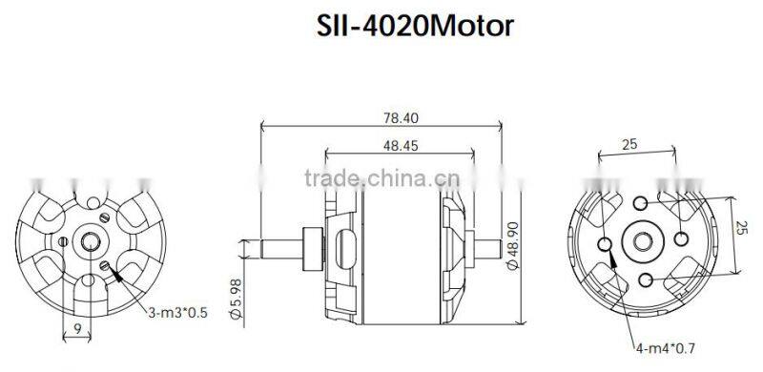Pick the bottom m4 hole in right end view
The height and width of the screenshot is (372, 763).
click(x=648, y=278)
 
